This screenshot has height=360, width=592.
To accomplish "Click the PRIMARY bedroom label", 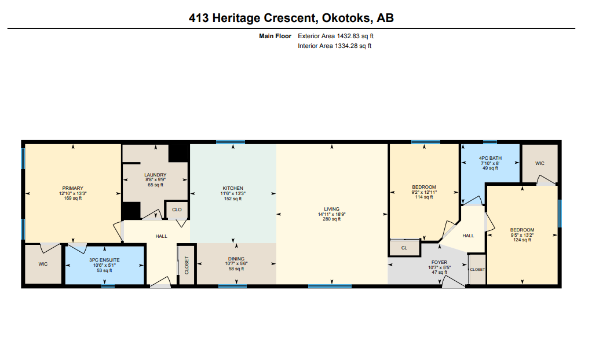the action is pos(72,188).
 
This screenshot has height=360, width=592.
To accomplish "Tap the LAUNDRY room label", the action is pos(155,175).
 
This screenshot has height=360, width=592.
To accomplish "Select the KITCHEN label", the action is pos(233,188).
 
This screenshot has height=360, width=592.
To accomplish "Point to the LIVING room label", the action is pos(331,209).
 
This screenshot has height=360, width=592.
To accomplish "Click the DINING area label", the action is pos(236,259).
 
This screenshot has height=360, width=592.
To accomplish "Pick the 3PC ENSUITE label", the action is pos(104,260).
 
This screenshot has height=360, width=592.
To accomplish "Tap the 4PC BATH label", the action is pos(491,158).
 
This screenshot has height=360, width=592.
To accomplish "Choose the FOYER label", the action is pos(440,262).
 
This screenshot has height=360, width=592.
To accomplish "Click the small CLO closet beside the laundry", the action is pos(177,210).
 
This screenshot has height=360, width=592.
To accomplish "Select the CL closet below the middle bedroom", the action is pos(404,248).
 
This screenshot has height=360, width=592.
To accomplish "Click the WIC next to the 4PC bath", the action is pos(540,163).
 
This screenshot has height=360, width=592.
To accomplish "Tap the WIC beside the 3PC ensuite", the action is pos(43,264).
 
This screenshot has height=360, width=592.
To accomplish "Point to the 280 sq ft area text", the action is pos(331,219).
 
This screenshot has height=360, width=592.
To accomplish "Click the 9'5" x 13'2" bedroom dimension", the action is pos(522,235).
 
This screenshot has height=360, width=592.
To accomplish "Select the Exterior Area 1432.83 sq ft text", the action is pos(335,36).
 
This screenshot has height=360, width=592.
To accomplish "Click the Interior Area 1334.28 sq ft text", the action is pos(334,46).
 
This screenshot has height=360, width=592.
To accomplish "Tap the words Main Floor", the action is pos(275,36).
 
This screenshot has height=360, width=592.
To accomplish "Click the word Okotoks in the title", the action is pos(343,18).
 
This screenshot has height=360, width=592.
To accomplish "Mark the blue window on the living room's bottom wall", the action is pos(330,286).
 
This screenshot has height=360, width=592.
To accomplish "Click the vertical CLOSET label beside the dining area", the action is pos(187,265).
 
